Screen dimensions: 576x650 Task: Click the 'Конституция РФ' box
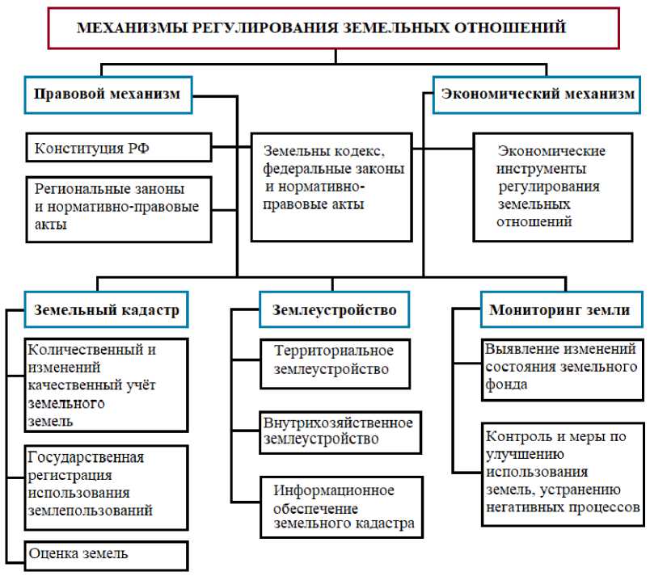point(118,149)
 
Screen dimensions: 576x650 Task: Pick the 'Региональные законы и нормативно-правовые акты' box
point(118,207)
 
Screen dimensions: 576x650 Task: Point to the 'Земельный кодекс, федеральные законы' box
point(334,186)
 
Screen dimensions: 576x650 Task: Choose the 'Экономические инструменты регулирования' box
point(552,186)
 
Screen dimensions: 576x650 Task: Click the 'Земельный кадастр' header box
point(106,309)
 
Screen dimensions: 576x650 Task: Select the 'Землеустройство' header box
point(334,309)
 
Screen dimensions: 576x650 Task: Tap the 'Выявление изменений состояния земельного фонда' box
point(561,367)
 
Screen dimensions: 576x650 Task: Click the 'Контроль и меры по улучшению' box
point(561,472)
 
